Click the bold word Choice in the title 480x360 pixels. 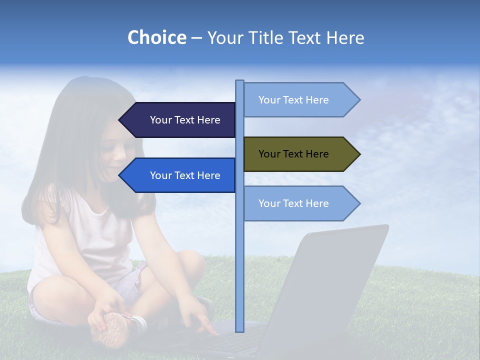pos(156,37)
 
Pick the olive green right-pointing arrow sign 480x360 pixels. pos(297,154)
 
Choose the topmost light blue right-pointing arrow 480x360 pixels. pos(297,100)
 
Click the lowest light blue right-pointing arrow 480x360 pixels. pos(297,203)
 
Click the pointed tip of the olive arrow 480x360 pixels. pos(358,154)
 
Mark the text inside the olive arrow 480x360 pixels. pos(293,154)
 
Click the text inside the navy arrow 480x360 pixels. pos(185,120)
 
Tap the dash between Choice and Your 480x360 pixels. pos(196,38)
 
